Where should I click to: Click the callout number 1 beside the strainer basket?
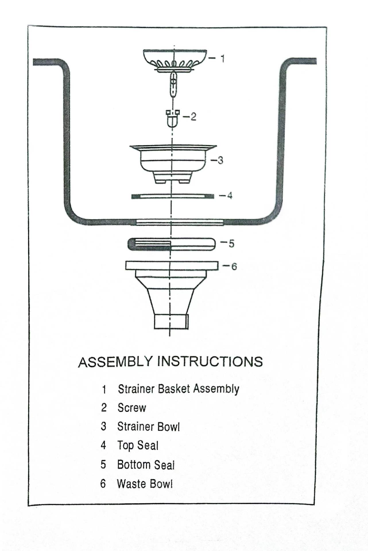coord(222,59)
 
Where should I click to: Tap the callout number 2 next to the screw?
coord(193,117)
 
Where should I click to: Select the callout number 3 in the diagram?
coord(220,160)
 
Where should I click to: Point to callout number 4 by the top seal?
coord(229,196)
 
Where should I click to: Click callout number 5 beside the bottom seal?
coord(231,243)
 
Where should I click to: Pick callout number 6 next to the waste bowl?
coord(234,267)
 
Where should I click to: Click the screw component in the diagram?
coord(173,118)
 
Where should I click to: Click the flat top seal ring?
coord(173,196)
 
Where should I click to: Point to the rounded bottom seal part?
coord(171,244)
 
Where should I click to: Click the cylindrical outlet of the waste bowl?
coord(171,322)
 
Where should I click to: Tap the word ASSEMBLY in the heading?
coord(115,362)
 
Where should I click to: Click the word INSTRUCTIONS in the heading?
coord(210,361)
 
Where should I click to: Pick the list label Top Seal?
coord(138,446)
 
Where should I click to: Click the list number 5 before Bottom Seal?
coord(103,465)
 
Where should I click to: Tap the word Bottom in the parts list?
coord(133,465)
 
